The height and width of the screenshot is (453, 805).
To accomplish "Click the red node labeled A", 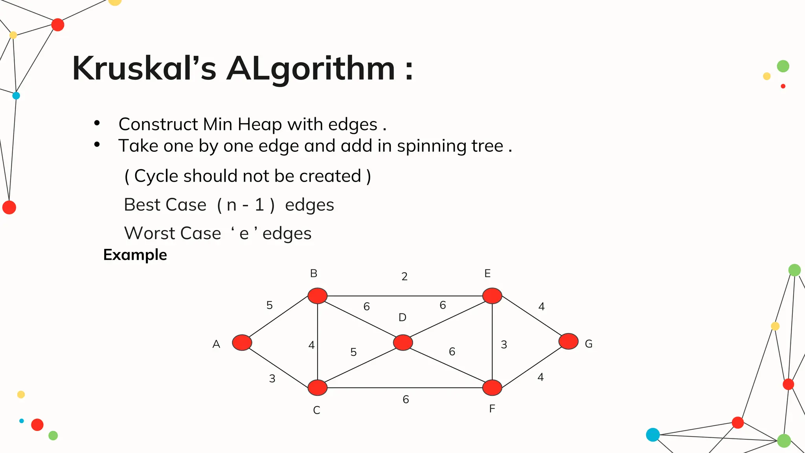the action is click(242, 343).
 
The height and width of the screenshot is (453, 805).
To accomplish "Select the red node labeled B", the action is click(318, 296).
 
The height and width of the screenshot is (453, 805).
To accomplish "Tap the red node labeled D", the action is click(403, 343).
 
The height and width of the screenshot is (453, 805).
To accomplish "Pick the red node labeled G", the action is click(568, 341).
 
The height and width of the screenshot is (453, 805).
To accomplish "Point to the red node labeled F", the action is click(492, 387).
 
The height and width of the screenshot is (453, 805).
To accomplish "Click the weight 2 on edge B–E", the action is click(404, 276).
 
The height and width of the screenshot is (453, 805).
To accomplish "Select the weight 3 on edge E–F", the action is click(504, 345).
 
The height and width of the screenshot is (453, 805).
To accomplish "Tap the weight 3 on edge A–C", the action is click(272, 379).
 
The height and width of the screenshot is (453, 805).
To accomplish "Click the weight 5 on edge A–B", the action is click(269, 305).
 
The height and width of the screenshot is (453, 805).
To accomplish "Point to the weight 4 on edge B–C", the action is click(311, 345).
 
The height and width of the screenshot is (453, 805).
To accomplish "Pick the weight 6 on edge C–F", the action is click(406, 400).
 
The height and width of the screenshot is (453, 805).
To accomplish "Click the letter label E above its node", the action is click(487, 273).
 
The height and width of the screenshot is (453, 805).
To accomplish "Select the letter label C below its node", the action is click(316, 410).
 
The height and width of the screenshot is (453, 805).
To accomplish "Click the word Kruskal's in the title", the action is click(144, 68).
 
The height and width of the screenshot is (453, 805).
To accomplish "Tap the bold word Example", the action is click(135, 255).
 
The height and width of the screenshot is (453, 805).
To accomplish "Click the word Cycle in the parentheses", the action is click(156, 176).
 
